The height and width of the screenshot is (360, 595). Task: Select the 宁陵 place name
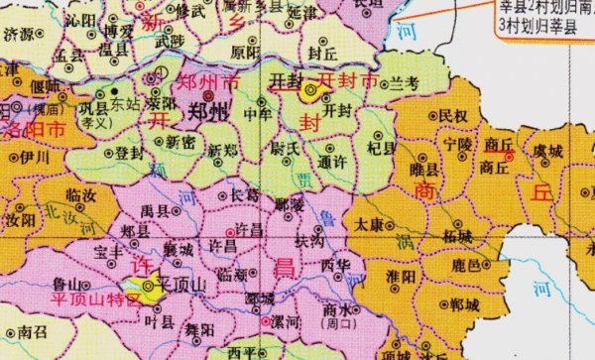pyautogui.click(x=459, y=145)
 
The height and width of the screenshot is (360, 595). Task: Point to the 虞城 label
pyautogui.click(x=547, y=151)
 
